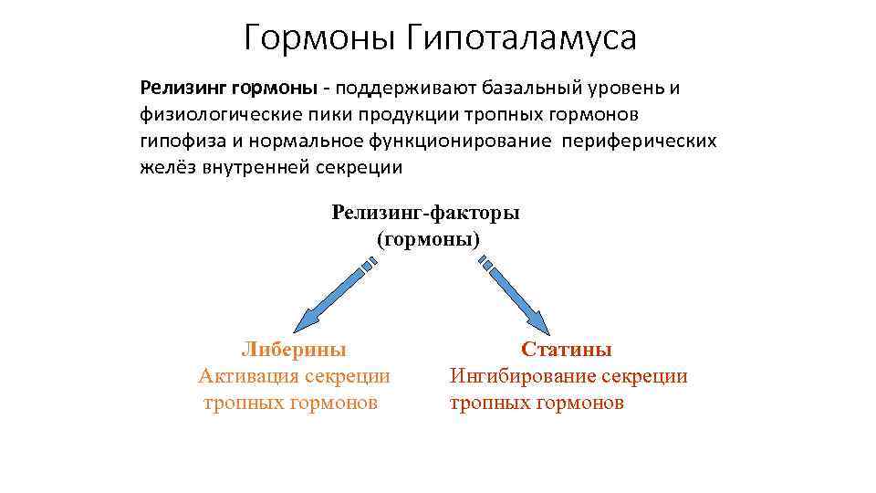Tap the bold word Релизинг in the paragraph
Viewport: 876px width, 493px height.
coord(182,89)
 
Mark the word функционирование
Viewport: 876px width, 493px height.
coord(464,142)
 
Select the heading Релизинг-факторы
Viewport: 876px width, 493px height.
coord(426,213)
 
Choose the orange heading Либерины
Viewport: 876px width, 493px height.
coord(293,350)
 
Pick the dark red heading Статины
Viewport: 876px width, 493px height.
coord(566,350)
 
